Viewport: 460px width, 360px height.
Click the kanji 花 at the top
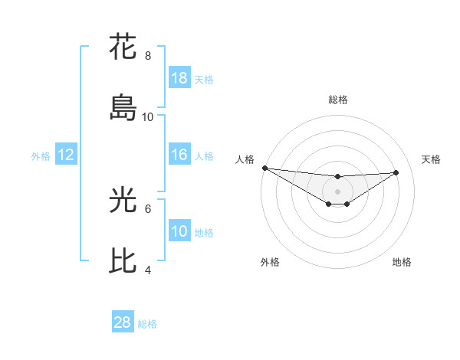pos(123,47)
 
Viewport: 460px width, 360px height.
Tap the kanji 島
pos(123,108)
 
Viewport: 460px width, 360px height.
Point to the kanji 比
pos(123,261)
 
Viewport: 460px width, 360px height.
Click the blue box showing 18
pos(179,78)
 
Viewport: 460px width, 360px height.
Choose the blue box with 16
pos(179,155)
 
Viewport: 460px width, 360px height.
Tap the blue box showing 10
pos(179,231)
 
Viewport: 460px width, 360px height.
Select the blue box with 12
pos(66,155)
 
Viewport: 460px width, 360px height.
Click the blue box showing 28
pos(123,322)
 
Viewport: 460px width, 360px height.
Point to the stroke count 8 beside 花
pos(148,56)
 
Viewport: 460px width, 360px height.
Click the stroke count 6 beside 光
pos(148,208)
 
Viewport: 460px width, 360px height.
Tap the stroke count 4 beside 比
pos(148,270)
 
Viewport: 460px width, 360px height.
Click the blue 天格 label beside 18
pos(204,79)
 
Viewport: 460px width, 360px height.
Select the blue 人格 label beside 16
pos(204,155)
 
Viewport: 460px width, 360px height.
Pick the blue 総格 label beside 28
pos(147,323)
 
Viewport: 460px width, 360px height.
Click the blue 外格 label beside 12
pos(41,155)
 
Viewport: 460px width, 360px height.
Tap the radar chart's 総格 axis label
pos(337,100)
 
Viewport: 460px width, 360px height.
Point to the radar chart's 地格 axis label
pos(402,262)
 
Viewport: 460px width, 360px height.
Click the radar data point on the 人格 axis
pos(264,168)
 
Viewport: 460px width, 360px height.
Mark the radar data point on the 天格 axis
pos(396,172)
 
